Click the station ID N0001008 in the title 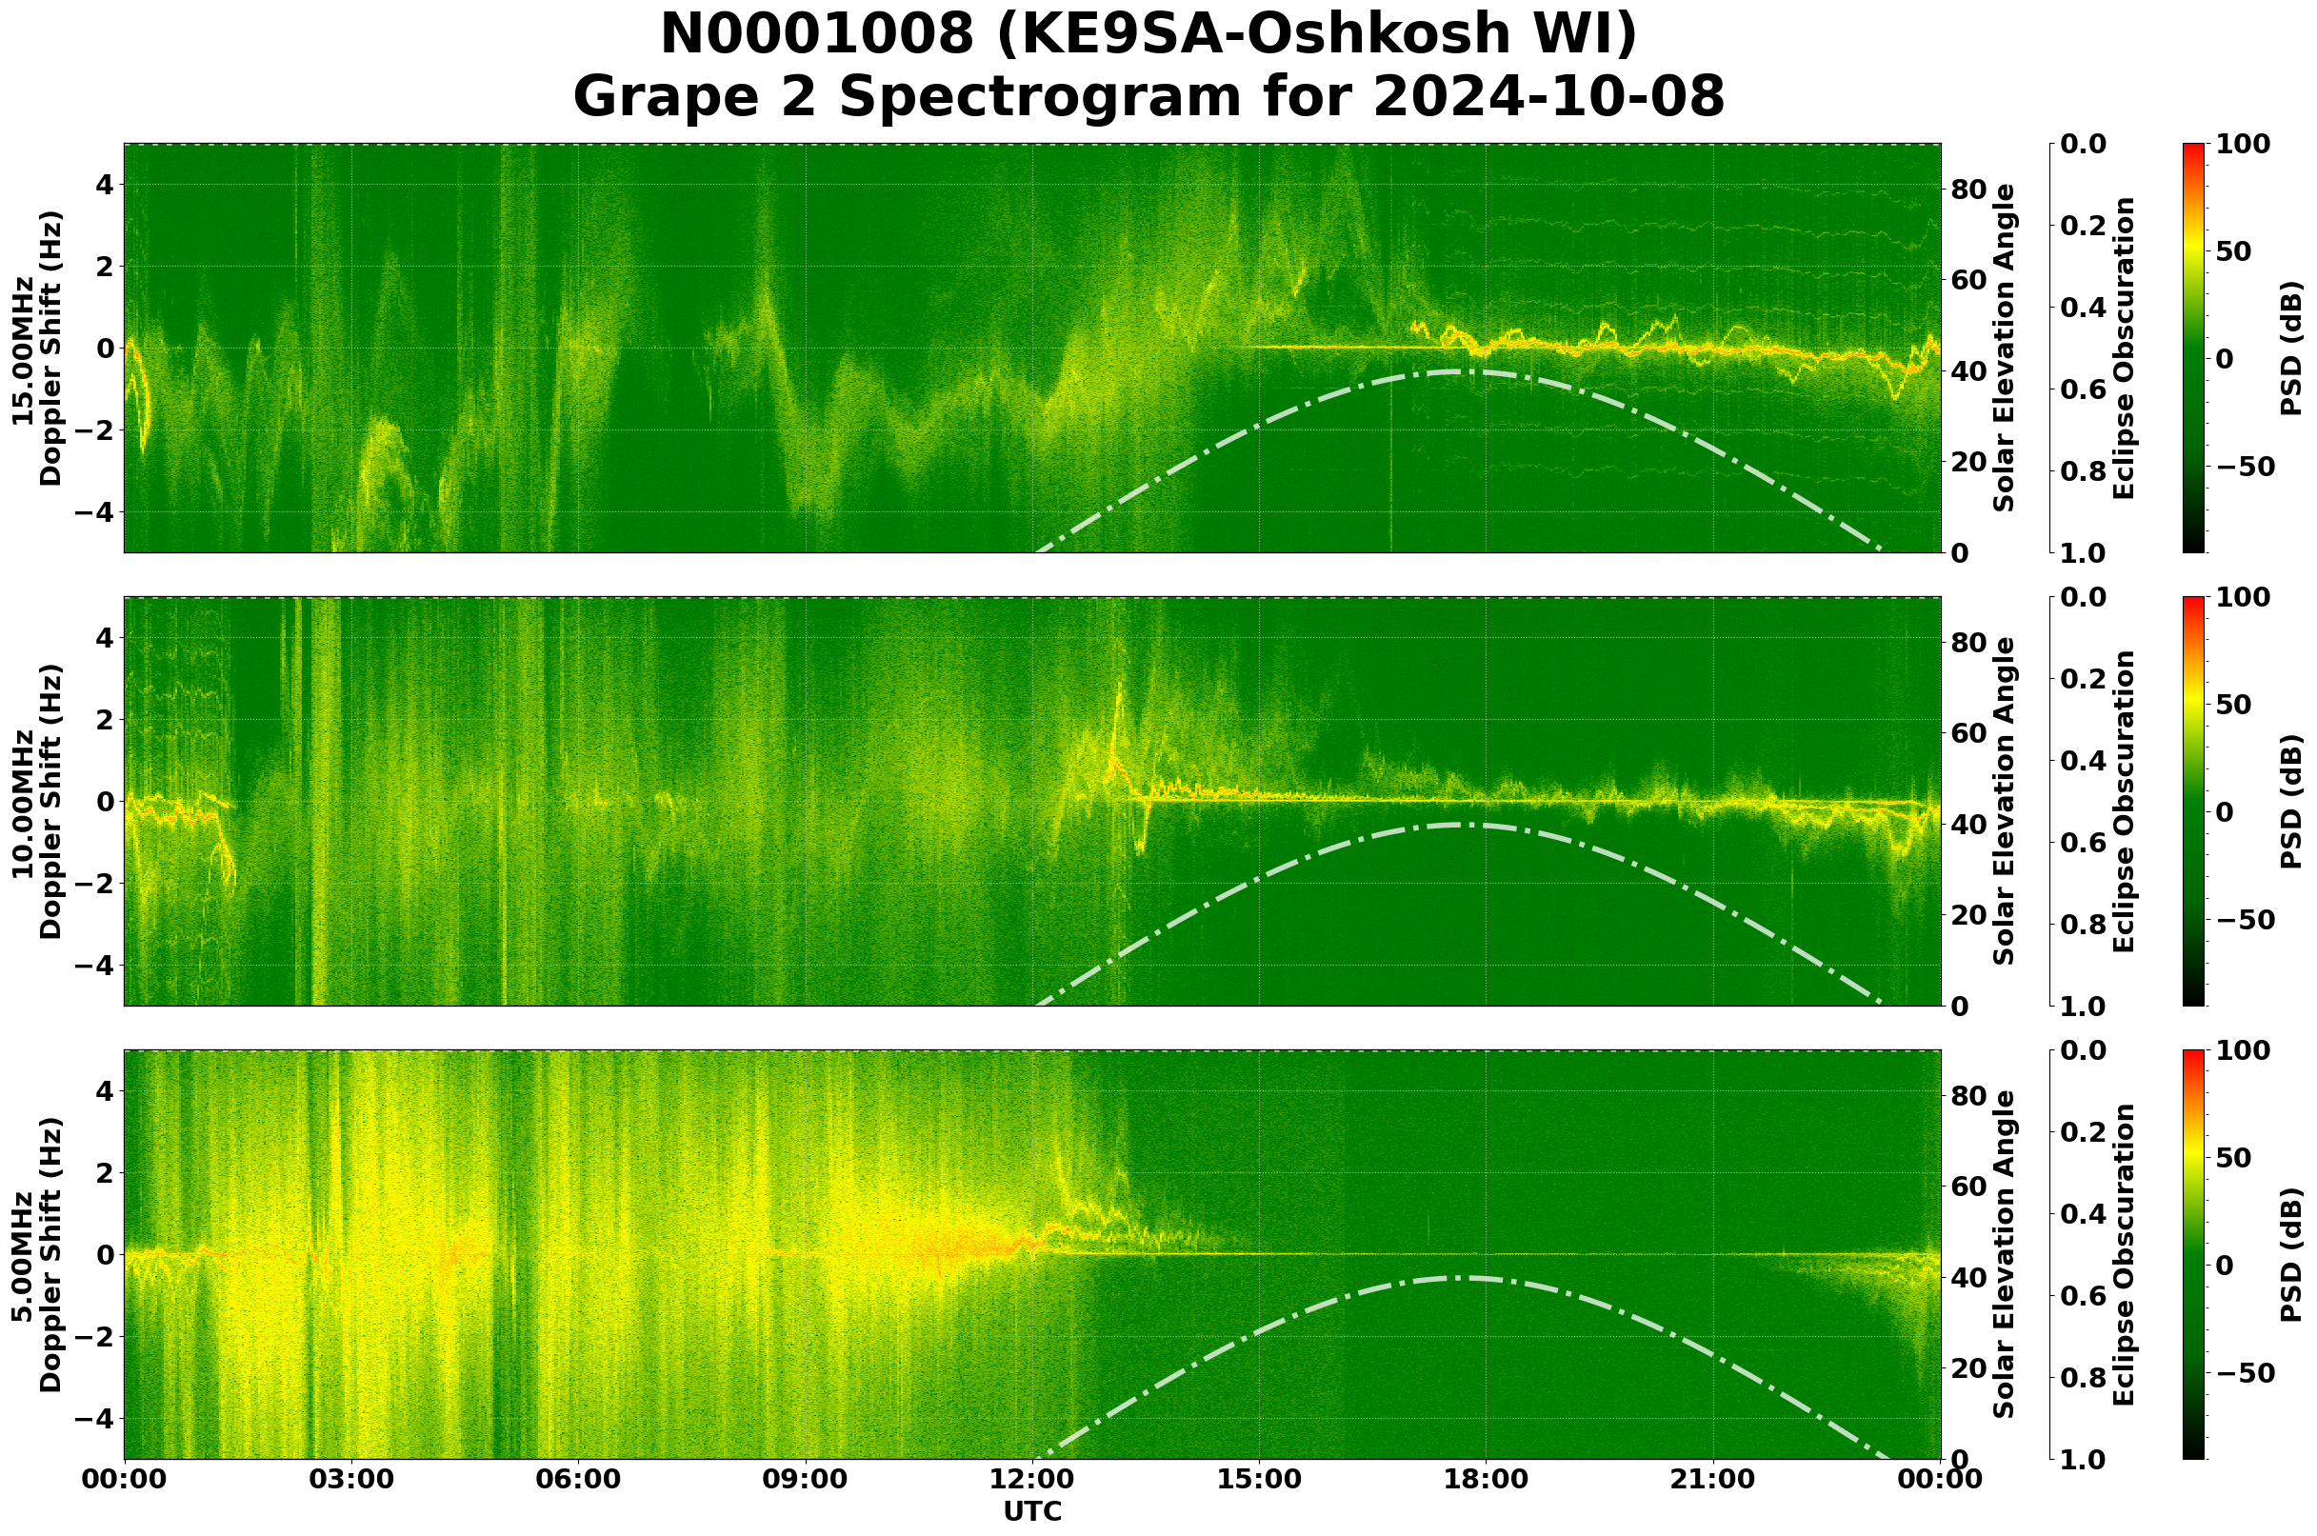coord(817,35)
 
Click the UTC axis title coord(1032,1511)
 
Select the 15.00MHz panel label coord(23,349)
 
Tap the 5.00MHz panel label coord(23,1255)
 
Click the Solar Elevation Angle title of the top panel coord(2005,348)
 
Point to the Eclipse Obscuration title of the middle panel coord(2123,801)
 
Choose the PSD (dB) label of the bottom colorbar coord(2290,1255)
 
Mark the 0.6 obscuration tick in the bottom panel coord(2086,1296)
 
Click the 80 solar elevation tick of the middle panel coord(1969,643)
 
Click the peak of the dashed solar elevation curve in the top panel coord(1460,372)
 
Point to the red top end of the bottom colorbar coord(2193,1054)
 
